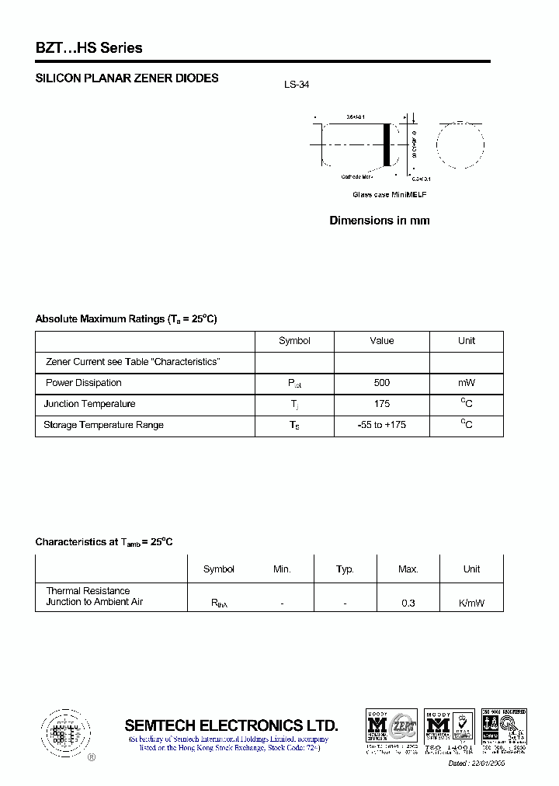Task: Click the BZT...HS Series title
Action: point(89,48)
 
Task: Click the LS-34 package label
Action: point(297,85)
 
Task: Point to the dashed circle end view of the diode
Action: point(460,144)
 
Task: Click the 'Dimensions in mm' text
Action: point(380,221)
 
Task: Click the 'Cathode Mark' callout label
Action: point(358,177)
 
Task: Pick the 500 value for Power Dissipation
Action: point(381,383)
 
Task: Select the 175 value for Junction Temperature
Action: point(381,404)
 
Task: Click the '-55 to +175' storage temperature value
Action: point(381,425)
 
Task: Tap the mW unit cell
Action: point(466,383)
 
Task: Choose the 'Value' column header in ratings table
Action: point(381,341)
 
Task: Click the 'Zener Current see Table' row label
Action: point(133,362)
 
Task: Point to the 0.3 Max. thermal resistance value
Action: point(408,603)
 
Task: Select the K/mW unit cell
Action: point(471,603)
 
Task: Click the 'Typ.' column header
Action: point(345,569)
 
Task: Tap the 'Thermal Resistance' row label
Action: point(88,591)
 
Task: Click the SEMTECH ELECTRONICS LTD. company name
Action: point(231,725)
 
